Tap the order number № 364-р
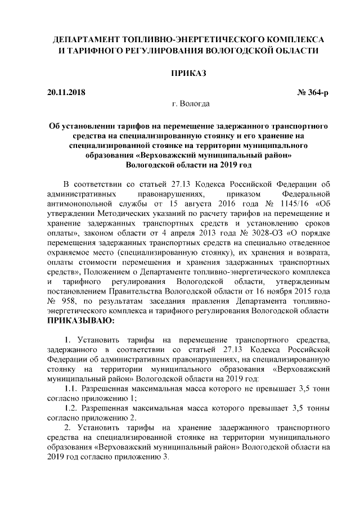(313, 92)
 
